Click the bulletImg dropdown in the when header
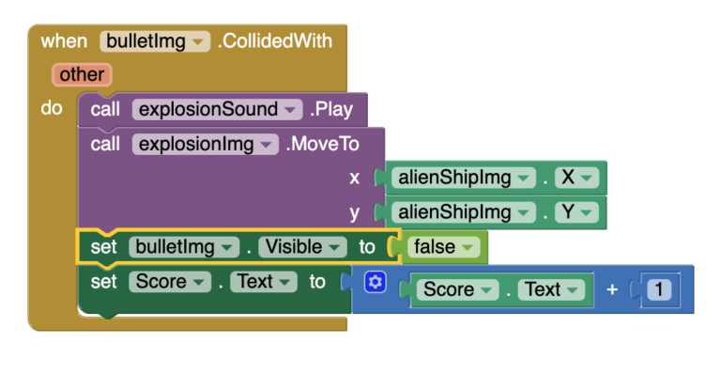tap(155, 41)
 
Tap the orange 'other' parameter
tap(82, 73)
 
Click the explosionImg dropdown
tap(206, 144)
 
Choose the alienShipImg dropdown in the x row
tap(463, 178)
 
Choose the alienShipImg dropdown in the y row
tap(463, 211)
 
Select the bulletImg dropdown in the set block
tap(184, 247)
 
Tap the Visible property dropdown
tap(302, 247)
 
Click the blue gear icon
tap(375, 282)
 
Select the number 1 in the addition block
tap(659, 289)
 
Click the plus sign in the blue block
tap(612, 289)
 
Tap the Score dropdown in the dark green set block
tap(169, 281)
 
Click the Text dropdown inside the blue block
tap(549, 289)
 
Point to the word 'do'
tap(52, 108)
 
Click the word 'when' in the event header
tap(64, 41)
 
